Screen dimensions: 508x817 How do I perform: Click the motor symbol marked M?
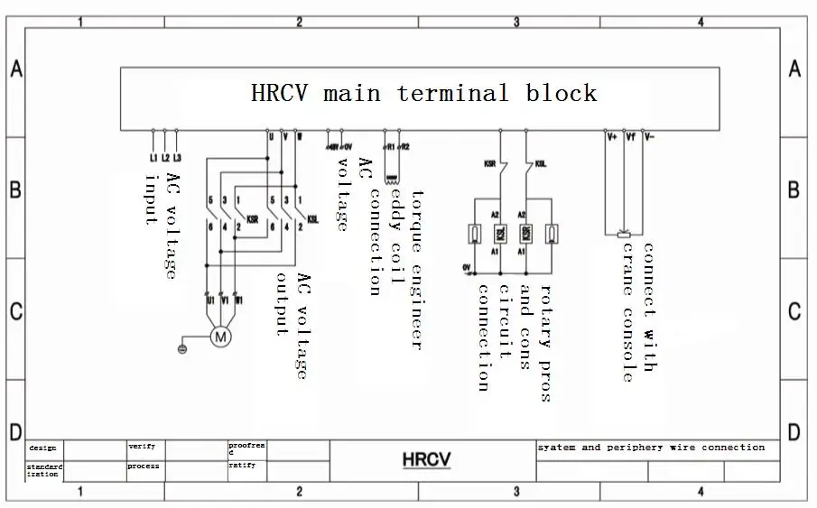(220, 337)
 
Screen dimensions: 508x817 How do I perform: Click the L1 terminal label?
(153, 159)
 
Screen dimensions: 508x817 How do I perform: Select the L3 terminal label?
(177, 159)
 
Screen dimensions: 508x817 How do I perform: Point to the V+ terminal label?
(612, 138)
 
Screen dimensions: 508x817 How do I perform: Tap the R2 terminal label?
(404, 145)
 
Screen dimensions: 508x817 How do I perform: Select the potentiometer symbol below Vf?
(623, 235)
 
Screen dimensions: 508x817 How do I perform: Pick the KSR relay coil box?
(499, 234)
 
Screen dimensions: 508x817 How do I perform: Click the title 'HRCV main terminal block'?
(423, 93)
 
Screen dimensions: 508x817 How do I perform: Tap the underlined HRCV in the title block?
(426, 460)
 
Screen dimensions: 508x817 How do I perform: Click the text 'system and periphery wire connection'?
(651, 448)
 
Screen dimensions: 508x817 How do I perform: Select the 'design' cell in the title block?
(42, 448)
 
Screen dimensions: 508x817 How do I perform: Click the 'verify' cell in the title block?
(142, 446)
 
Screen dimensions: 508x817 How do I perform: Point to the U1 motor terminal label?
(209, 299)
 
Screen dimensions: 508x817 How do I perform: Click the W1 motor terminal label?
(238, 299)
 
